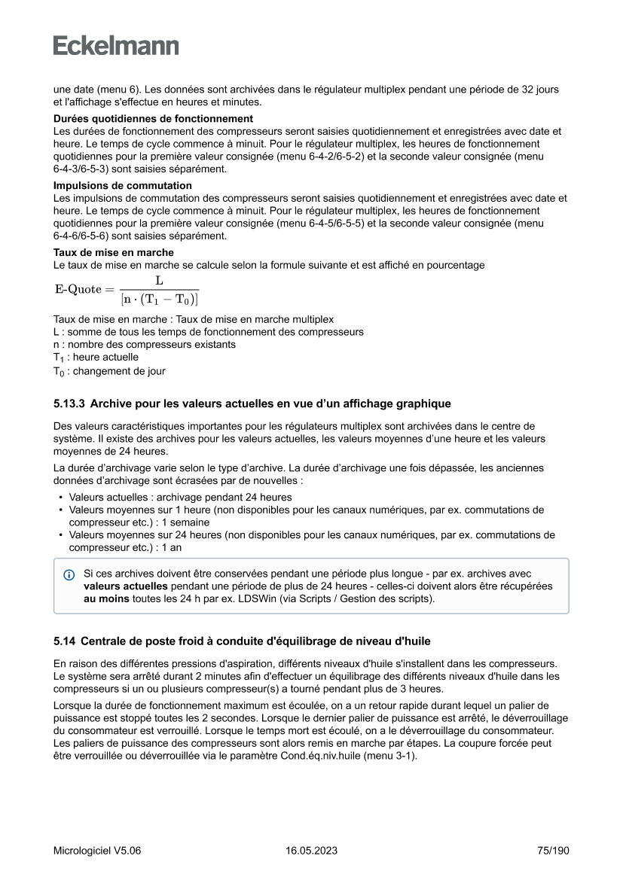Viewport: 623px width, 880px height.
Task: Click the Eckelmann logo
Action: point(116,46)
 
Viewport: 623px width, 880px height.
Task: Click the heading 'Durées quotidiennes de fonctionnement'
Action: point(153,119)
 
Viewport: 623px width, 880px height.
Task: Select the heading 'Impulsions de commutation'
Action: point(122,185)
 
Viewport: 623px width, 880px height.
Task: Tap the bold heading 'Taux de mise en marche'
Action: point(113,252)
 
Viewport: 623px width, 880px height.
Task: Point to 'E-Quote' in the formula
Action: point(78,290)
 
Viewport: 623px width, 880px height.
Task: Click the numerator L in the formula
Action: point(159,280)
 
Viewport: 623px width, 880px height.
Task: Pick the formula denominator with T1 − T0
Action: point(159,299)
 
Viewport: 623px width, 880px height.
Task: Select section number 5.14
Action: point(64,641)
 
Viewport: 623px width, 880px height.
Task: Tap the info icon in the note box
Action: point(69,574)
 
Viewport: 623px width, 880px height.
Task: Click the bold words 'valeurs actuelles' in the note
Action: point(126,586)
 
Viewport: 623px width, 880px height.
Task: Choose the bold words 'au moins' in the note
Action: point(105,598)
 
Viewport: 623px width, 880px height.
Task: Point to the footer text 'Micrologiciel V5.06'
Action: point(97,851)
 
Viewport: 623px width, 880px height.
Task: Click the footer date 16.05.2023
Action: point(311,851)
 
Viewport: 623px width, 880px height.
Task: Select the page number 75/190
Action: point(553,851)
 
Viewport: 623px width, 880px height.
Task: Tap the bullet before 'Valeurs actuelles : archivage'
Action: point(60,498)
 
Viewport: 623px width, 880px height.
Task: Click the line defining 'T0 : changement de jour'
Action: point(109,371)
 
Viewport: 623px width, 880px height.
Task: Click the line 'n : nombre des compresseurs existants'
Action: point(144,344)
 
